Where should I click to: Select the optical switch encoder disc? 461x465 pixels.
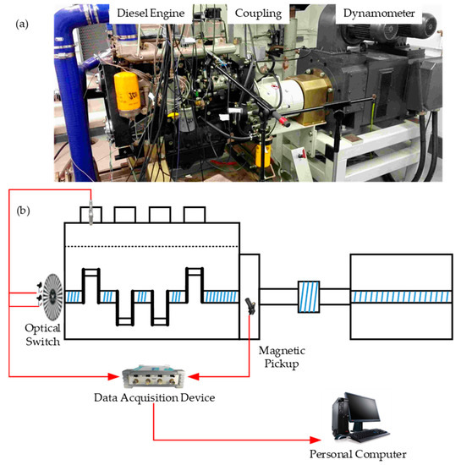pyautogui.click(x=47, y=297)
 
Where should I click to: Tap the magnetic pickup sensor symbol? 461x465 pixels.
pyautogui.click(x=250, y=305)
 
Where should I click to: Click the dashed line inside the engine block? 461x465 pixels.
pyautogui.click(x=152, y=246)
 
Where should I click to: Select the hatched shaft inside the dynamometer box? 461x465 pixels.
pyautogui.click(x=401, y=297)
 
